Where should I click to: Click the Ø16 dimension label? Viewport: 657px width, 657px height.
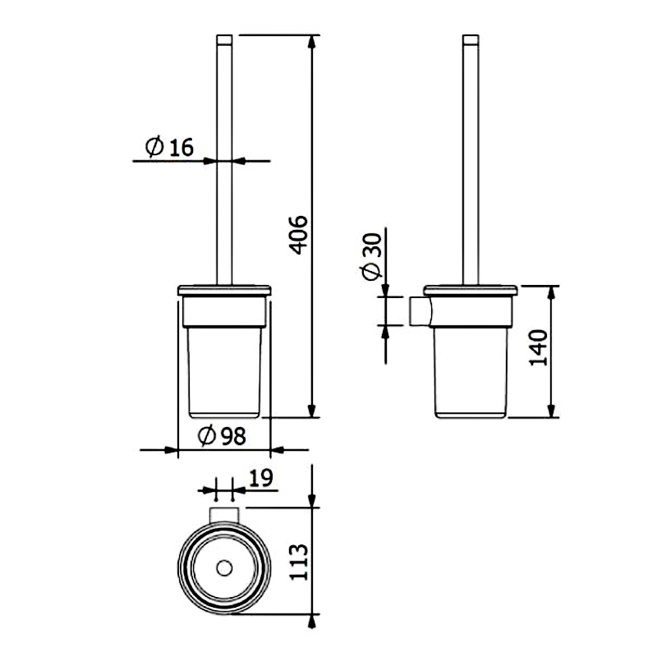click(169, 146)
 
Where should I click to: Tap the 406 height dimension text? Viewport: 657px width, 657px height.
click(300, 235)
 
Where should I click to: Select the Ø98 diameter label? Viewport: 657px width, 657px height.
click(222, 436)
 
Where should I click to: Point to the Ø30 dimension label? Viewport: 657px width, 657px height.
click(372, 256)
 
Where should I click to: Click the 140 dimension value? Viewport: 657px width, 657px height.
click(539, 347)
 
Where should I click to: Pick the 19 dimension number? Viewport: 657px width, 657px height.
click(260, 478)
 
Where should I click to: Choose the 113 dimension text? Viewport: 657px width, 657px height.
click(299, 563)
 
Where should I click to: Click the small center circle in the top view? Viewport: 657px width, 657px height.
click(224, 568)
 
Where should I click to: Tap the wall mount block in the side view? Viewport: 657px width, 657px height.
click(420, 311)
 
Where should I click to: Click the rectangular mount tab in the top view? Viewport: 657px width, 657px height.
click(224, 515)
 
